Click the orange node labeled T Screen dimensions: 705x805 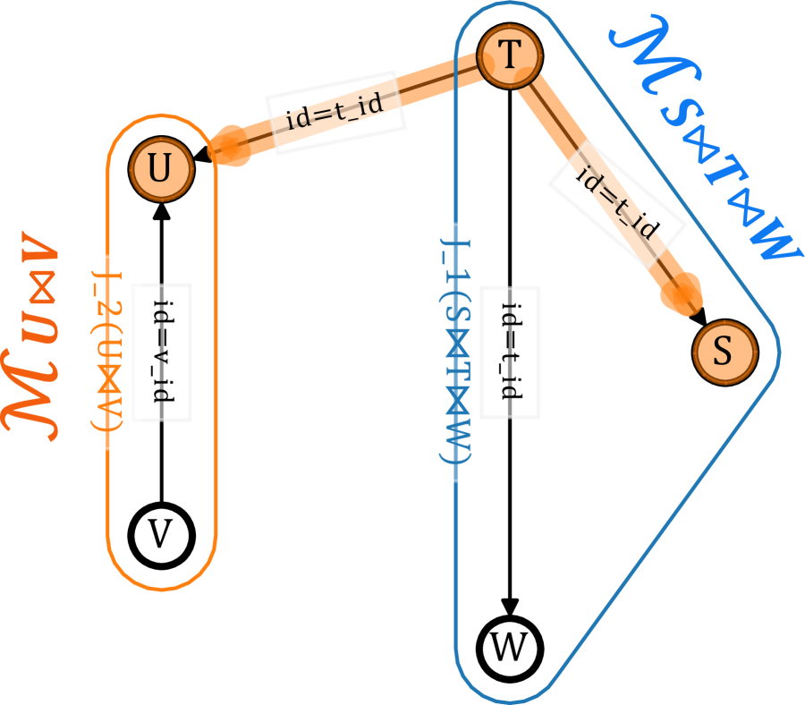[x=509, y=56]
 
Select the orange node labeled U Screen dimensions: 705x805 [x=161, y=168]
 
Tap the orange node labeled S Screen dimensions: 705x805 [x=724, y=350]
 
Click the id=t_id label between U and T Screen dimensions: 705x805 [x=335, y=112]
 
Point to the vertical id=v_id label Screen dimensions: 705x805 [x=162, y=352]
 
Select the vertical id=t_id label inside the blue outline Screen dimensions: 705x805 [x=510, y=352]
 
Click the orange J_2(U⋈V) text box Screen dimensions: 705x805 [x=107, y=352]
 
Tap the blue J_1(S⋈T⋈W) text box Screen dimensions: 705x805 [x=455, y=352]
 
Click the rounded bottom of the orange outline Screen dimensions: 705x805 [x=162, y=586]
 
